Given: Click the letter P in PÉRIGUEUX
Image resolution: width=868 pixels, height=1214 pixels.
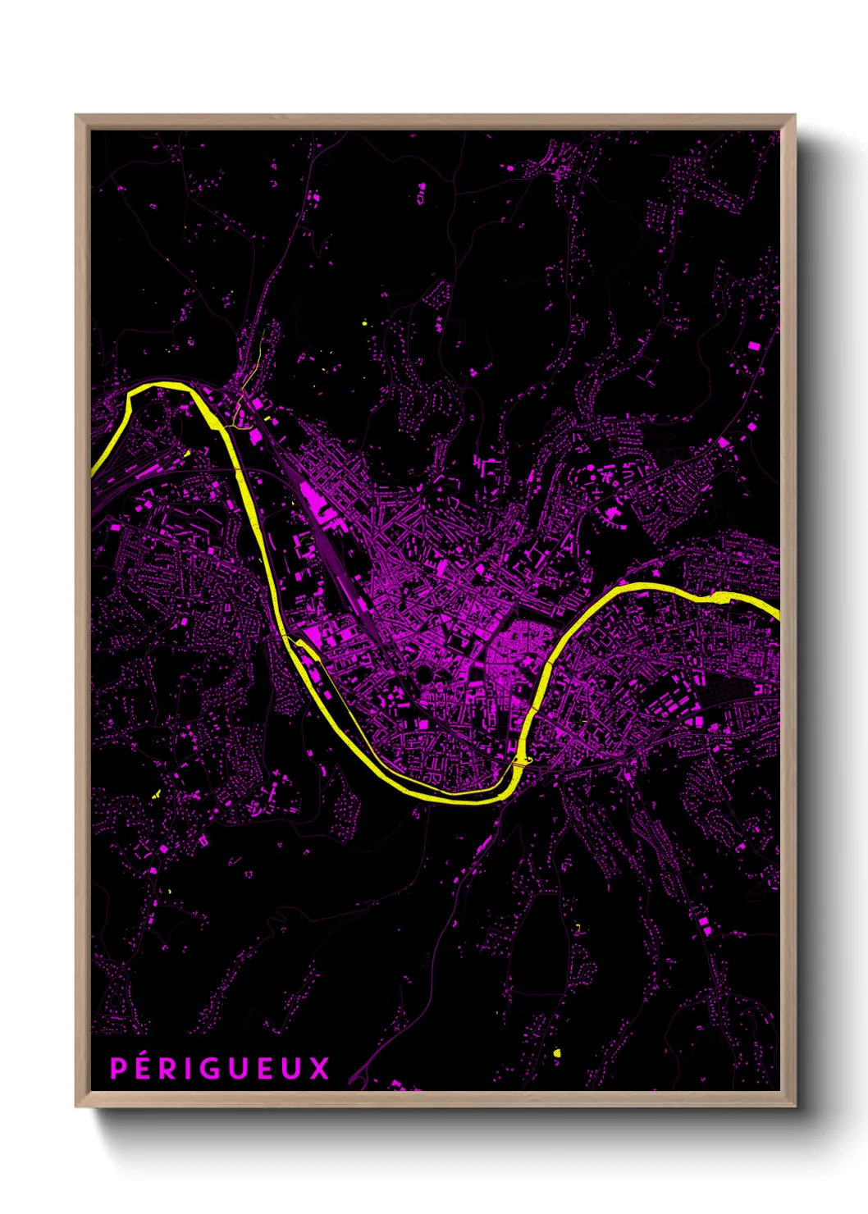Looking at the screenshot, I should [119, 1069].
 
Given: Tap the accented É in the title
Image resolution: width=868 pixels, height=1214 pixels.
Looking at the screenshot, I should [145, 1067].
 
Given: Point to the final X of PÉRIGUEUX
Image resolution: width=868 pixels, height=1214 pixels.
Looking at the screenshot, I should [319, 1069].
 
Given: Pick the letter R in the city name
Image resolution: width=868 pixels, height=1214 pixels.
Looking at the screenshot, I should [171, 1069].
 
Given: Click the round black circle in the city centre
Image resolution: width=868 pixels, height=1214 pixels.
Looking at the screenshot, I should [424, 674].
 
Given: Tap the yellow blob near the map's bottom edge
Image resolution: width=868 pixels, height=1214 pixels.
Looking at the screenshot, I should [556, 1052].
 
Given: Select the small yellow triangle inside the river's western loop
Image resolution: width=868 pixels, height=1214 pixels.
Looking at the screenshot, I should [187, 452].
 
